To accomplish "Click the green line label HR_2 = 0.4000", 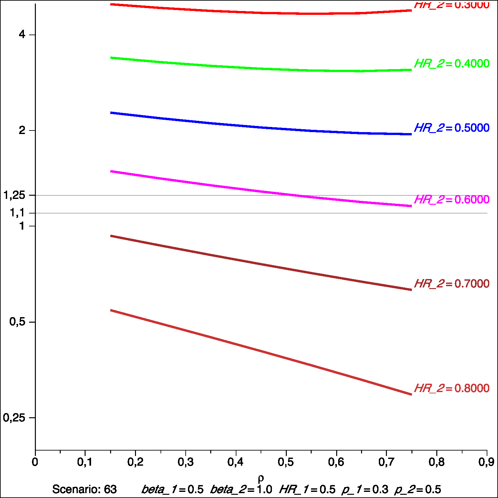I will [451, 64].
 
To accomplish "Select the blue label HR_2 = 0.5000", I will [451, 128].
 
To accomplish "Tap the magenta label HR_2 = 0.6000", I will [451, 200].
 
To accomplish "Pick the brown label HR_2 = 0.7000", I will [451, 284].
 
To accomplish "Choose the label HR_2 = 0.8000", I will [451, 388].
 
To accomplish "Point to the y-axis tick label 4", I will [22, 34].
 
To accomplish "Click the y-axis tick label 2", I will [22, 130].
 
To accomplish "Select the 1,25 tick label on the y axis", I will [14, 195].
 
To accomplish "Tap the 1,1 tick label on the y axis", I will [17, 213].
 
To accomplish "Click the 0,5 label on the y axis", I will [17, 322].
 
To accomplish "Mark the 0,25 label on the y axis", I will [14, 418].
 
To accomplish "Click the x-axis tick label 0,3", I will [186, 462].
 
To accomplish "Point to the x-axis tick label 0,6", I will [336, 462].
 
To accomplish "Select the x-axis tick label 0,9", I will [486, 462].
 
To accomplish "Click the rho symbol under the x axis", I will [261, 478].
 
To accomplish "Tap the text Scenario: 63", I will [84, 489].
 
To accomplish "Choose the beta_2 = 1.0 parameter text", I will [241, 490].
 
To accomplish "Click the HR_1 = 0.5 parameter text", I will [307, 490].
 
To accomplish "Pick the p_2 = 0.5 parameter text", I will [418, 490].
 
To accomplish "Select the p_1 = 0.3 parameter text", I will [365, 490].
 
